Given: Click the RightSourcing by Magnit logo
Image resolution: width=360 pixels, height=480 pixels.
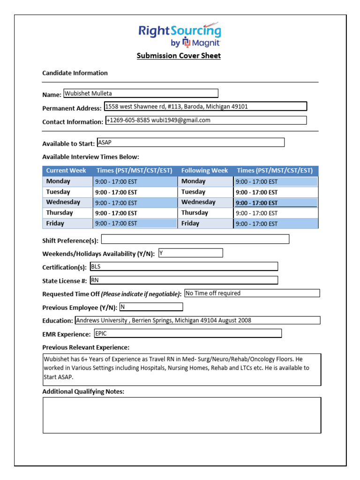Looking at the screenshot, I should [179, 36].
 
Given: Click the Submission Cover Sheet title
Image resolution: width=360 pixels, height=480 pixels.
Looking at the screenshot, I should [179, 56].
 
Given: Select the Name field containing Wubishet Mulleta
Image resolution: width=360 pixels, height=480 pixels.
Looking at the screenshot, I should [141, 93].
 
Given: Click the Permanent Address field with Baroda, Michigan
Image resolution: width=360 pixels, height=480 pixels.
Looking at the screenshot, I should [205, 106].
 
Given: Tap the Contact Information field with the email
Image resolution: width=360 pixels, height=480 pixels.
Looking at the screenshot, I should [206, 120].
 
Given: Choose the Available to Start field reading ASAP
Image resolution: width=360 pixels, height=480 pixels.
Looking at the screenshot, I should [190, 142].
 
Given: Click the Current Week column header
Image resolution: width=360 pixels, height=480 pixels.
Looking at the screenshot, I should [67, 171].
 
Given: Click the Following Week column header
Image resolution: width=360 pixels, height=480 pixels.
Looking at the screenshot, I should [205, 171].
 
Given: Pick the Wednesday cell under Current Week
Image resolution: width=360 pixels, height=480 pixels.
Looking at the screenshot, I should [68, 202].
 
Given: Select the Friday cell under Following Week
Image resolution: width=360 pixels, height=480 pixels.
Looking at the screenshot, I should [205, 224].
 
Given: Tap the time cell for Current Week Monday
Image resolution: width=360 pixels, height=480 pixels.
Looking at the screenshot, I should [135, 181].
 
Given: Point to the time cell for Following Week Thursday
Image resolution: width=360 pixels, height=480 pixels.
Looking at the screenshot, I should [276, 213].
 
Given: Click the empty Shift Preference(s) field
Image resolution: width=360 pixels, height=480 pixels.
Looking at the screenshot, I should [195, 239].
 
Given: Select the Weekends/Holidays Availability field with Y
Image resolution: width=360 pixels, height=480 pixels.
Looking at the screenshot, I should [190, 253].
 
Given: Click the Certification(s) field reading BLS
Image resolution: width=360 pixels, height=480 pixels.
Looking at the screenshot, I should [184, 267].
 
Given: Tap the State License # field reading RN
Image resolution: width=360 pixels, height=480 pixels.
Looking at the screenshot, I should [184, 280].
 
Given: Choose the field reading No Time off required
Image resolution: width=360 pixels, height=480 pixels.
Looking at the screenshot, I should [252, 293].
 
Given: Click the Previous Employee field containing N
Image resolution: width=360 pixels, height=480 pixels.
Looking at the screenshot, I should [151, 307].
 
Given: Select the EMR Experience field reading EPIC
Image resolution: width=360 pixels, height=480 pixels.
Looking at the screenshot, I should [187, 334].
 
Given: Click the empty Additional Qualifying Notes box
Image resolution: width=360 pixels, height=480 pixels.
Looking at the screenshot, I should [182, 415].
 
